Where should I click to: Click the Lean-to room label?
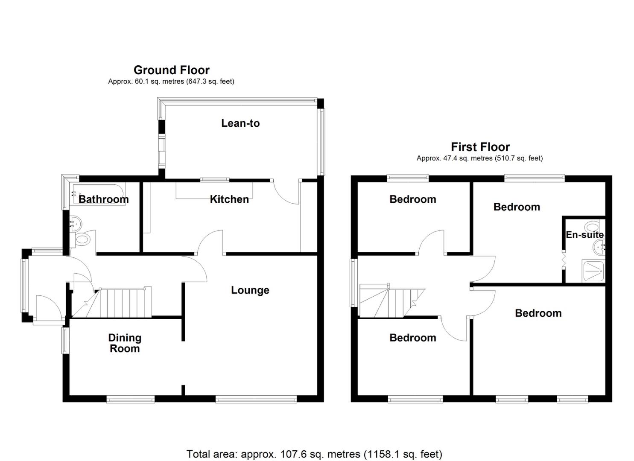tap(240, 123)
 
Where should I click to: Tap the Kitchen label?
tap(229, 199)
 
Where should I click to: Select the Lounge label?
tap(250, 290)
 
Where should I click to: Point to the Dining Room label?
tap(125, 343)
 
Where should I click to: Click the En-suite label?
tap(585, 235)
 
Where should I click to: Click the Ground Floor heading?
tap(172, 70)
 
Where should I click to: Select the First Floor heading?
tap(480, 147)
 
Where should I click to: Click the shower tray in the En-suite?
tap(593, 271)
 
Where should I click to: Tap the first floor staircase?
tap(392, 301)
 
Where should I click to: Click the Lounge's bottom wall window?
tap(256, 399)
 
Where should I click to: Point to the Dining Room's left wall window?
tap(66, 341)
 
